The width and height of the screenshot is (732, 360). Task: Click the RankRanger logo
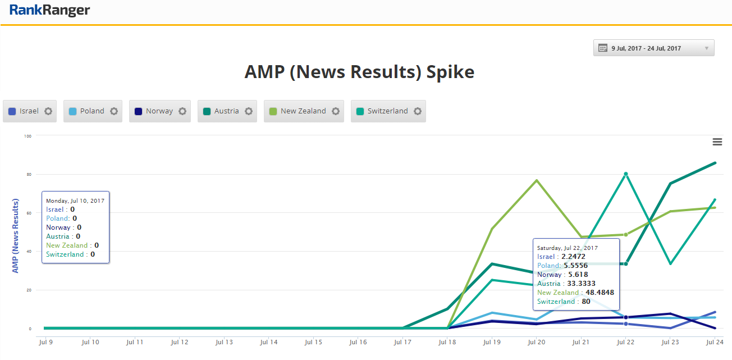(x=49, y=11)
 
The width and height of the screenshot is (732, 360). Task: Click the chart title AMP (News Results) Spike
(x=359, y=72)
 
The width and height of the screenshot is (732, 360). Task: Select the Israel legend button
(x=29, y=111)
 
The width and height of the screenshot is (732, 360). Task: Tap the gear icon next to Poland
(x=114, y=111)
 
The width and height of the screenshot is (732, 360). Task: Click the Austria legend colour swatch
(x=207, y=111)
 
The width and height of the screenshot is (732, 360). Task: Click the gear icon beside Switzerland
(x=418, y=111)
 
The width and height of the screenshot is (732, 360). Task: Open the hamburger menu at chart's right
(x=717, y=142)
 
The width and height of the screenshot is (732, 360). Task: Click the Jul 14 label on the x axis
(x=269, y=341)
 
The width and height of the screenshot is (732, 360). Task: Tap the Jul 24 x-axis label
(x=714, y=341)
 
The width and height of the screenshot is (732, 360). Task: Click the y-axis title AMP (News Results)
(x=16, y=236)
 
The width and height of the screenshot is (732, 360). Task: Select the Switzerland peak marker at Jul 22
(x=625, y=174)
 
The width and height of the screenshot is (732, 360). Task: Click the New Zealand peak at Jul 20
(x=537, y=180)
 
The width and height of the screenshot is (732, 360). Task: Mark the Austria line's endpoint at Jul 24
(x=715, y=163)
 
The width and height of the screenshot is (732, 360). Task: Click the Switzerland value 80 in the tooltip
(x=586, y=302)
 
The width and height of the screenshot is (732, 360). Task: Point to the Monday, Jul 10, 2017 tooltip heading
(x=75, y=200)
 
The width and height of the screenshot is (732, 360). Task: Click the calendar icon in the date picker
(x=603, y=48)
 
